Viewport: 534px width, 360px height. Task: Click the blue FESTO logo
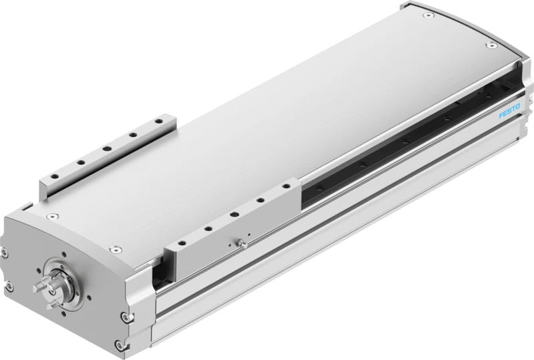click(x=509, y=112)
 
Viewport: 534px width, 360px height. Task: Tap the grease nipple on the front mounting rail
click(x=241, y=243)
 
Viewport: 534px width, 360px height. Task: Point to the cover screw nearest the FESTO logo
click(x=491, y=45)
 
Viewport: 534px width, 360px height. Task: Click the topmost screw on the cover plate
click(x=428, y=15)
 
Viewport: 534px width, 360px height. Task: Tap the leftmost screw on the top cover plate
click(x=52, y=216)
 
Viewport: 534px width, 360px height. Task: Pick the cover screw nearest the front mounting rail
click(x=116, y=249)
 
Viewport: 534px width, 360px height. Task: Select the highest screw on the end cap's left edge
click(x=5, y=252)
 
